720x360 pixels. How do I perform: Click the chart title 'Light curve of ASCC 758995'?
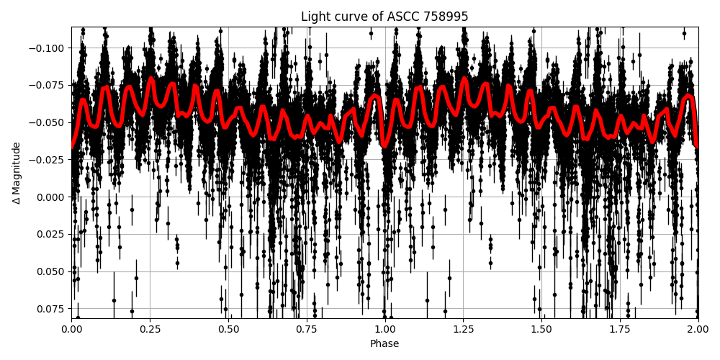384,17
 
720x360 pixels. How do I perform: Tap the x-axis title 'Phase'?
384,344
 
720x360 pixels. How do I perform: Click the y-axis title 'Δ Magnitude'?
17,173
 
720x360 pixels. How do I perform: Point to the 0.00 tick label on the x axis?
71,329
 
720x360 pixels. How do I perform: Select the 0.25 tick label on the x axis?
150,329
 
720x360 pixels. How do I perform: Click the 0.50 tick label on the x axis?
228,329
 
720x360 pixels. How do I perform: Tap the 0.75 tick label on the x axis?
307,329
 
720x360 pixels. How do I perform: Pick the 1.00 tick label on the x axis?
384,329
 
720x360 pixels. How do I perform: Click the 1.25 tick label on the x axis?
463,329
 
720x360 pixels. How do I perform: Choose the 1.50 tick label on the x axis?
541,329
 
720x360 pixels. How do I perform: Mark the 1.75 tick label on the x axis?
620,329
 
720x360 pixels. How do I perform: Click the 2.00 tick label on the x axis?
698,329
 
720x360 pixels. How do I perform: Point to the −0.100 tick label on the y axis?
48,48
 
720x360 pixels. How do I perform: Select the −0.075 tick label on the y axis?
48,85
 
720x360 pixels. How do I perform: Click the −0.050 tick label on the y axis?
48,122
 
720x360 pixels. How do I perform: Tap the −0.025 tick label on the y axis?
48,160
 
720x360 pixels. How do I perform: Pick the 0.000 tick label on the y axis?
50,197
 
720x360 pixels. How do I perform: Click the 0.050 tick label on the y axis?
50,271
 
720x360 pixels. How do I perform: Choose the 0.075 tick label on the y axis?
50,309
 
